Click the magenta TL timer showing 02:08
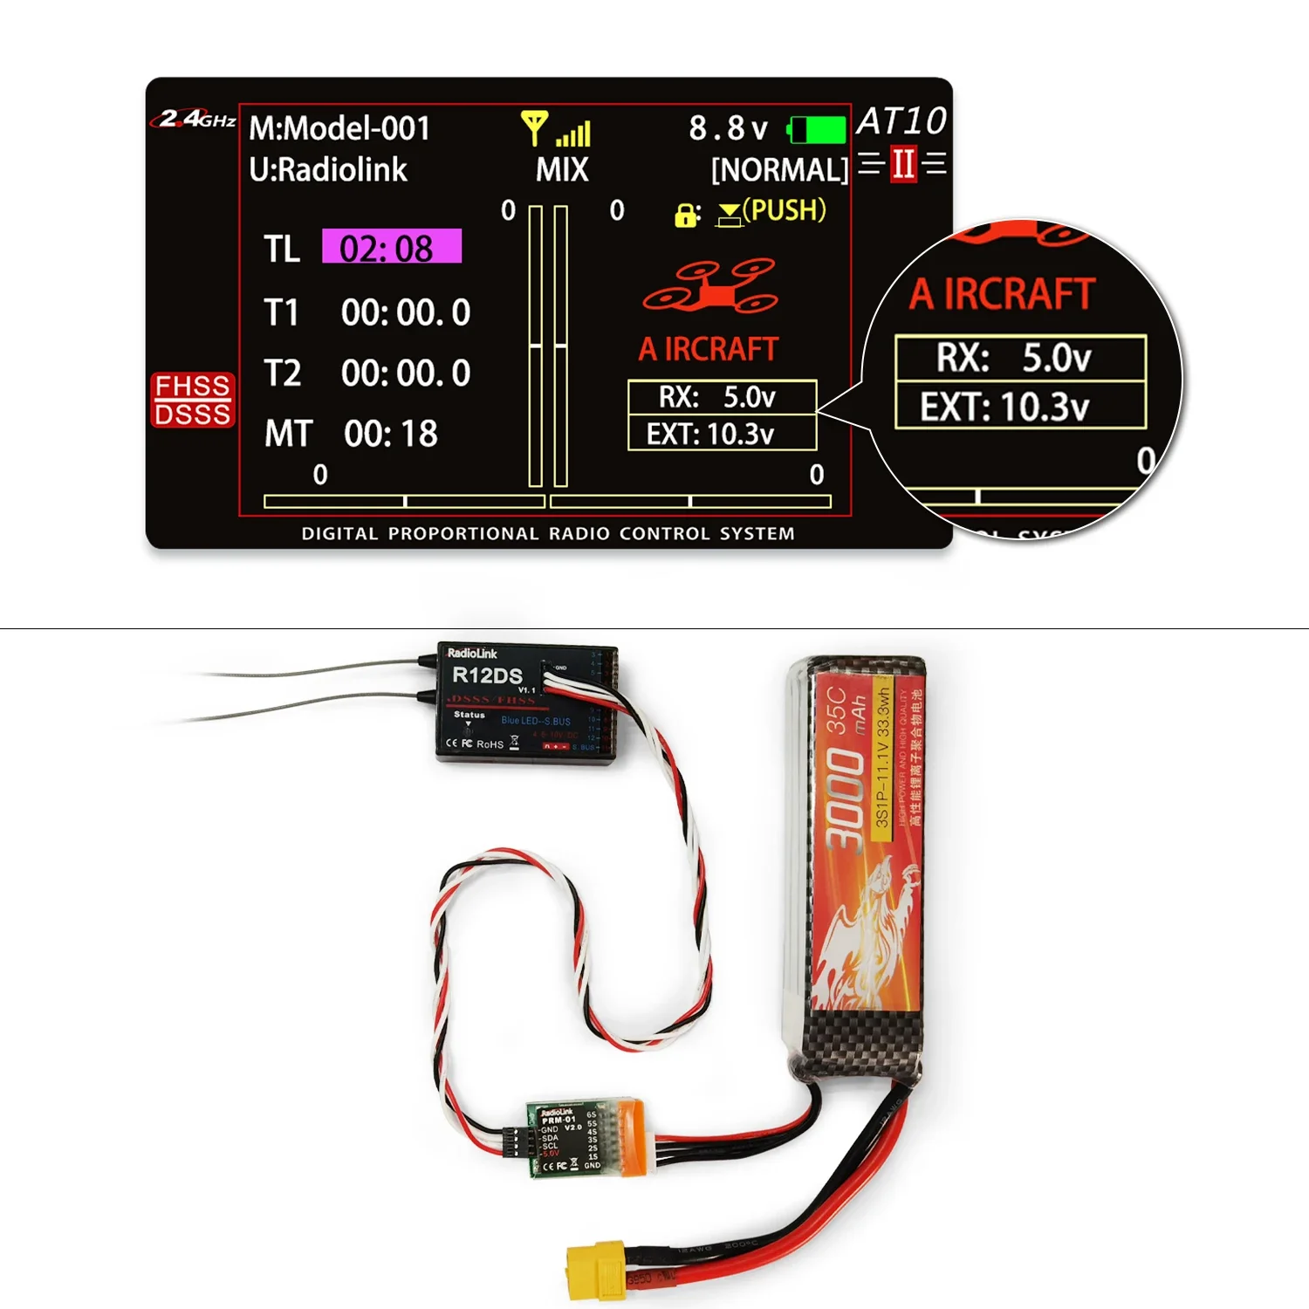tap(391, 248)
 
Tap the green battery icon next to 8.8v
tap(818, 130)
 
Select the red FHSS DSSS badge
tap(193, 400)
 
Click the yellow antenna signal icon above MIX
tap(534, 127)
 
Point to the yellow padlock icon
tap(686, 214)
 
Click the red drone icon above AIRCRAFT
tap(709, 286)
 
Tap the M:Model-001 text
tap(339, 128)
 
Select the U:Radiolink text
tap(328, 169)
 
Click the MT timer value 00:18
tap(391, 434)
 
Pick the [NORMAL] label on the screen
tap(779, 169)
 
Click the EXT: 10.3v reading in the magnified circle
tap(1005, 407)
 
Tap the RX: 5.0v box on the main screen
tap(721, 397)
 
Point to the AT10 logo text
tap(901, 120)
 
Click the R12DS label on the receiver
tap(487, 675)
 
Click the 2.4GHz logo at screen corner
tap(197, 119)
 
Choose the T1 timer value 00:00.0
tap(406, 312)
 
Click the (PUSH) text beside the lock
tap(784, 210)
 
